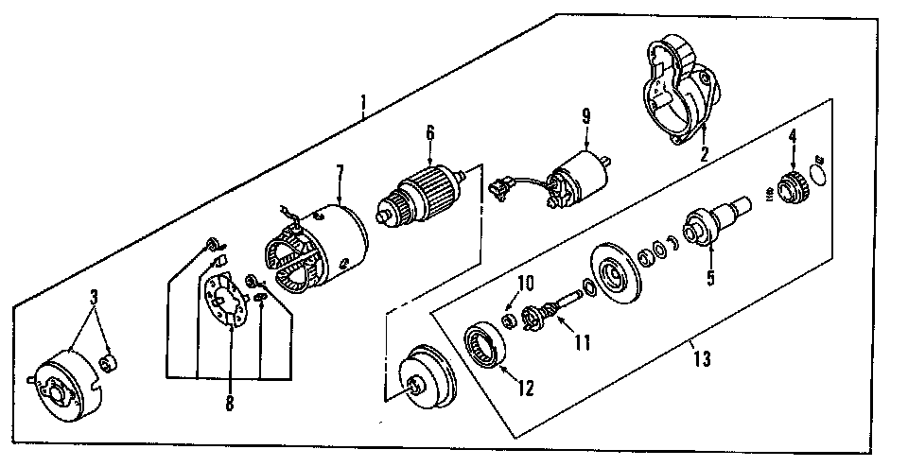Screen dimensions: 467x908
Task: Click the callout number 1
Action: pos(363,102)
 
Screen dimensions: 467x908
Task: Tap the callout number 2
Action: pos(704,154)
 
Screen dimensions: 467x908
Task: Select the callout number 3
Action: pos(94,297)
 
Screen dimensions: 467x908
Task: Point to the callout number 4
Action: pos(792,135)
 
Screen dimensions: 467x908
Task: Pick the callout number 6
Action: pos(429,133)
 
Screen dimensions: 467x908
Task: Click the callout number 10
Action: pos(525,283)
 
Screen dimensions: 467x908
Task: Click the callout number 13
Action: pos(701,359)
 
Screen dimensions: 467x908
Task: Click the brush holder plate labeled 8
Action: pos(228,300)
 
